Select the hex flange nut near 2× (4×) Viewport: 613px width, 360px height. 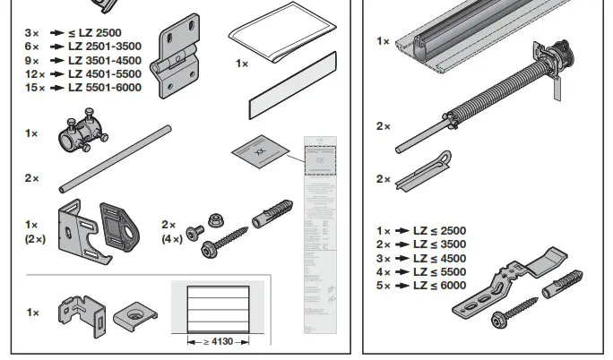point(217,219)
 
